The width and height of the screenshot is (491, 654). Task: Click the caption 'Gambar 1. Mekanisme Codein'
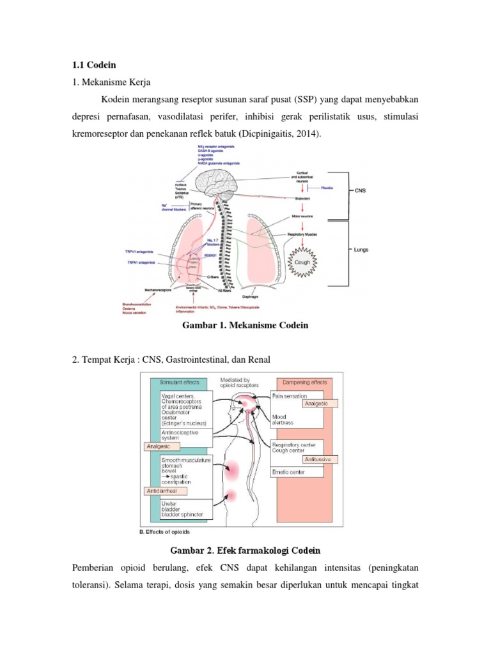[245, 325]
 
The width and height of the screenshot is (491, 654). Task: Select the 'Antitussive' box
[318, 459]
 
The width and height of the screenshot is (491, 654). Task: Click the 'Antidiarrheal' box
[165, 492]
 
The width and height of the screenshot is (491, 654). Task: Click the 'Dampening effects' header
[304, 382]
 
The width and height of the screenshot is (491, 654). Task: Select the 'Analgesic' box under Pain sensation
[313, 404]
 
